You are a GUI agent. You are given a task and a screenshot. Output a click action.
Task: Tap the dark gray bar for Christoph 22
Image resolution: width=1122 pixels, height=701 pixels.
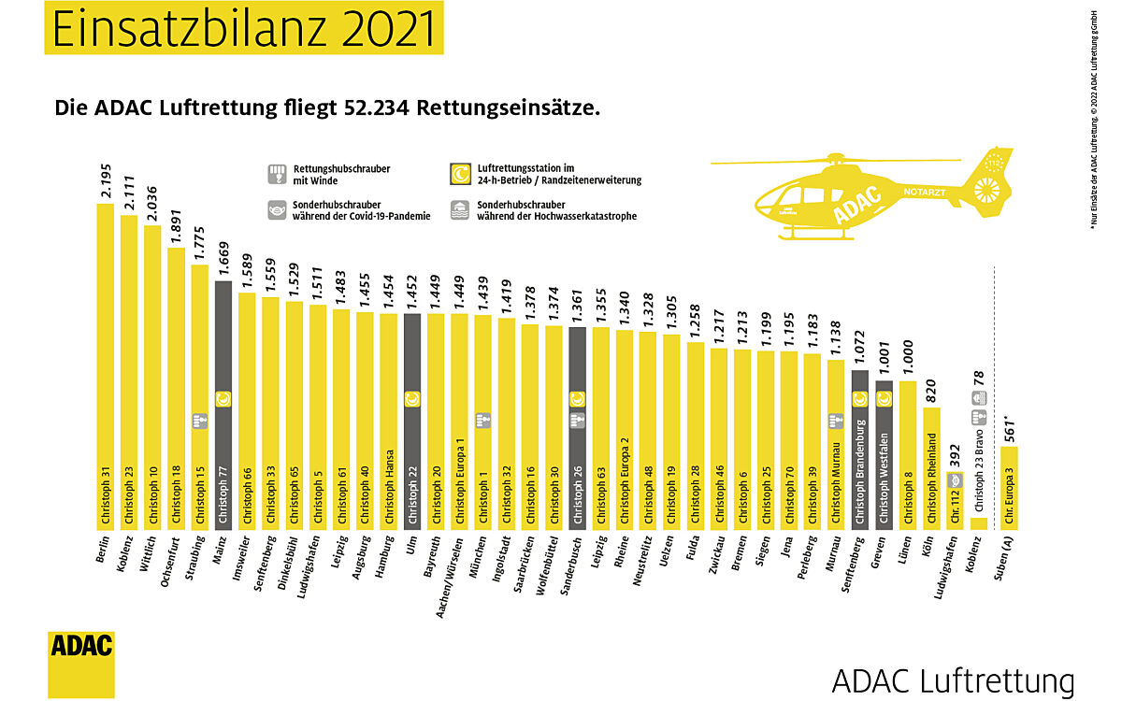[x=411, y=420]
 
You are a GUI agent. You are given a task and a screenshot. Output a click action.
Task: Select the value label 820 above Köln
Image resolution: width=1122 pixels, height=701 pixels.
[x=931, y=413]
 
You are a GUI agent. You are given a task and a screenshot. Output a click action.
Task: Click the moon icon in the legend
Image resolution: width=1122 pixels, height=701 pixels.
[x=459, y=174]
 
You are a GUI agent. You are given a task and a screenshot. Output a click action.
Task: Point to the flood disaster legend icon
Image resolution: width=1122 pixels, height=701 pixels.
[x=459, y=209]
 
